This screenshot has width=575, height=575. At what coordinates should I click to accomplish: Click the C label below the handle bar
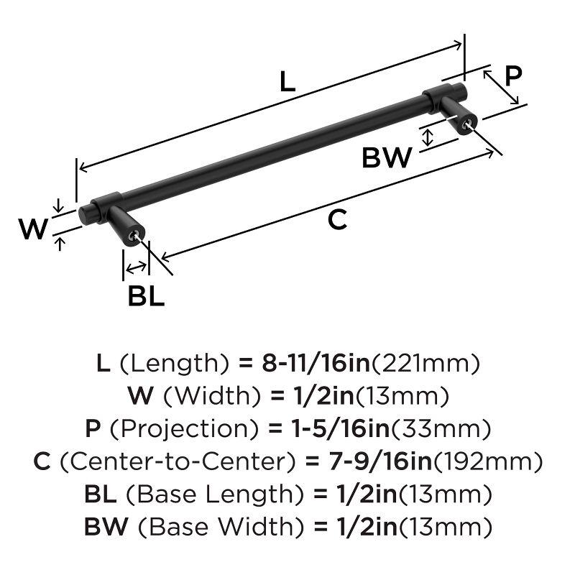(337, 220)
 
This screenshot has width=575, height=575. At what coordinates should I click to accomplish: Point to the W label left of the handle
(32, 229)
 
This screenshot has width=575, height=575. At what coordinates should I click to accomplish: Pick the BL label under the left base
(147, 295)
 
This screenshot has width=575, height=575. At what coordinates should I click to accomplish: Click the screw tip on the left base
(134, 236)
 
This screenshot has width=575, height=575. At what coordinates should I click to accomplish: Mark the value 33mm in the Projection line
(439, 429)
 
